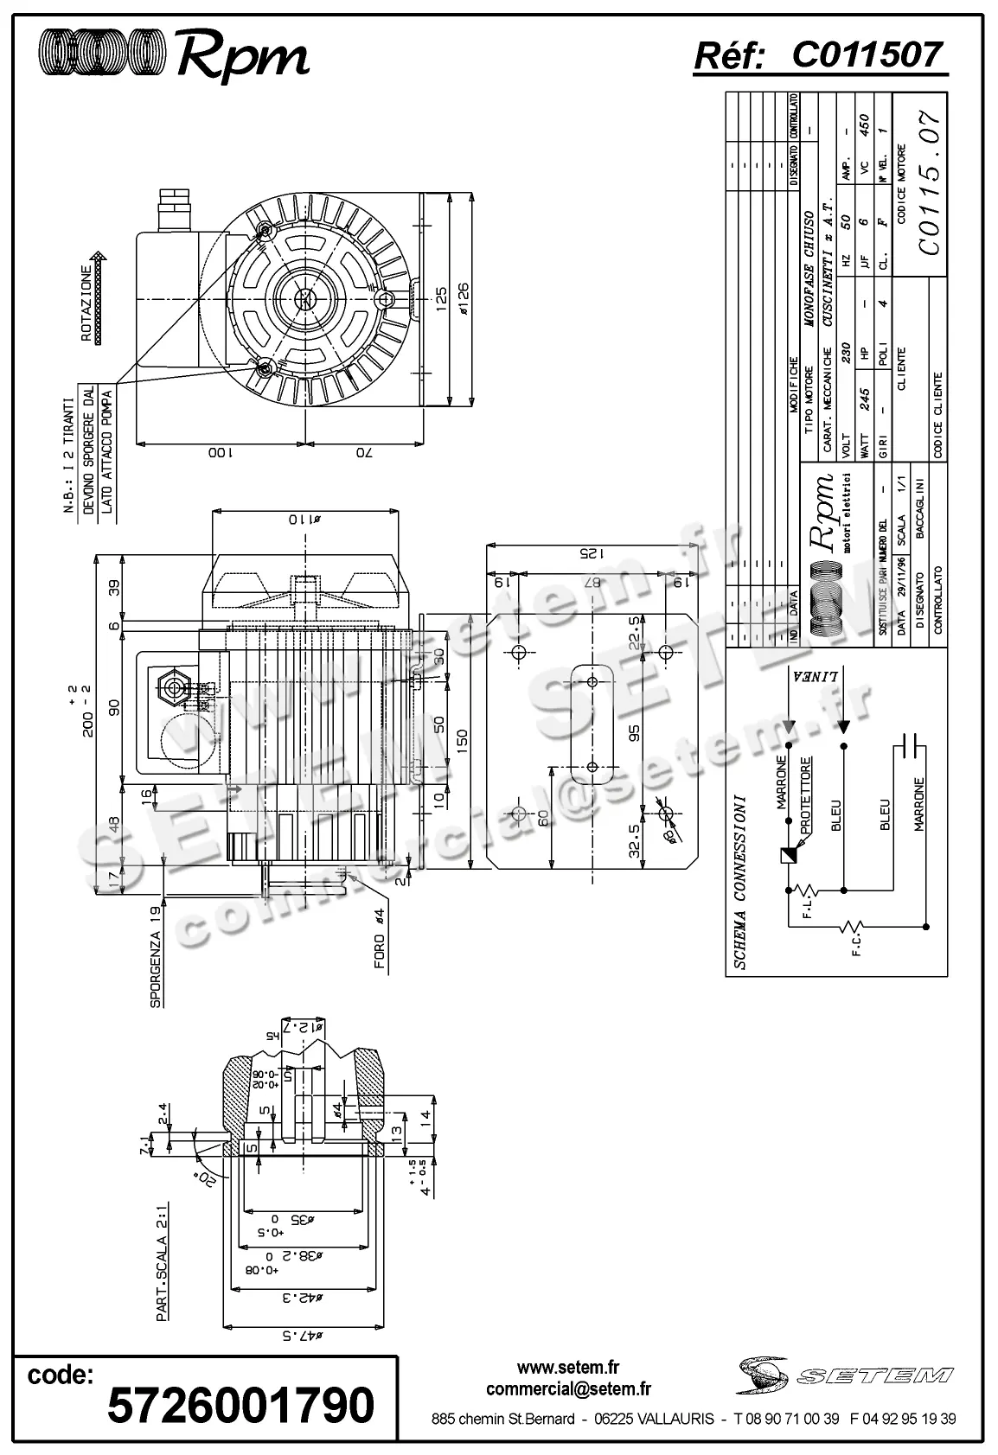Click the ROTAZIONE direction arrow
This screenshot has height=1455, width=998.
tap(99, 295)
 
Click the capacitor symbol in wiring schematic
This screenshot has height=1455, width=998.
tap(910, 743)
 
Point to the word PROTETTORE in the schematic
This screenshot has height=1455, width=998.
tap(806, 795)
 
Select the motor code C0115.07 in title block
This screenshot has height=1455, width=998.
tap(930, 183)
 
